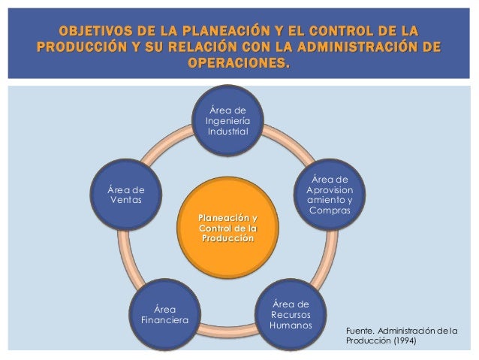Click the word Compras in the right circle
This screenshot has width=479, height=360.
(329, 213)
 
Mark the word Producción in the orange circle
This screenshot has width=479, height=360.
(226, 238)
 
